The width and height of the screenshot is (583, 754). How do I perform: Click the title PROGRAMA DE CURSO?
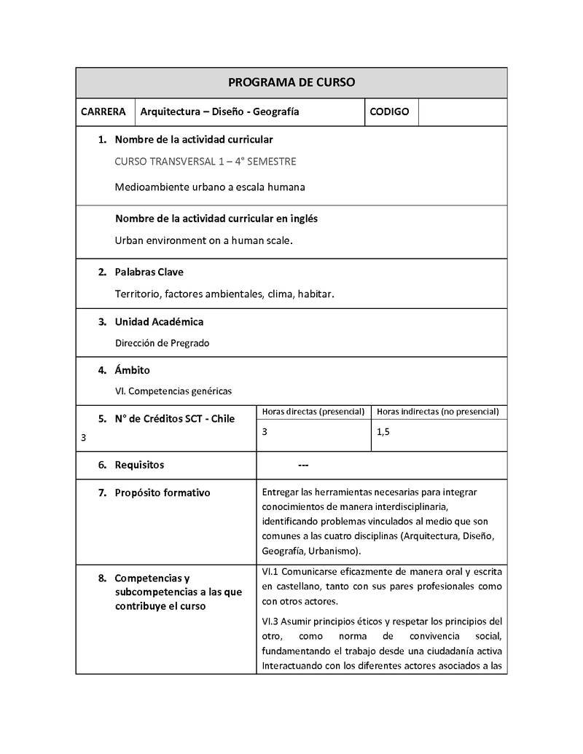tap(291, 82)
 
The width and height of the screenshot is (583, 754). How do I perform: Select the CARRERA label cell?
tap(103, 112)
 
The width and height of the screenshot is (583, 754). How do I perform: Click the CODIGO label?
tap(389, 112)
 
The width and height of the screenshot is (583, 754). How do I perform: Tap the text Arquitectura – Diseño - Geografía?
tap(219, 112)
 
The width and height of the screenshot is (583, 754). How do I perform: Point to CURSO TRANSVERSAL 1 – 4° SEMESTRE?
tap(206, 162)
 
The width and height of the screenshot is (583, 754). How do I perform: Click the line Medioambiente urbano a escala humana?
tap(210, 186)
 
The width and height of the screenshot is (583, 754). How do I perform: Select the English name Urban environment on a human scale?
tap(203, 240)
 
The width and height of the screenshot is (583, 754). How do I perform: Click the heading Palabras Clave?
tap(149, 272)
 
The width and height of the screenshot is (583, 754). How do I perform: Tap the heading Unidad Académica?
tap(159, 321)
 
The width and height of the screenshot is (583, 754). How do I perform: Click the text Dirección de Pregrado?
tap(162, 343)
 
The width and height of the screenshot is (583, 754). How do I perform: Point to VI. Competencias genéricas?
tap(173, 391)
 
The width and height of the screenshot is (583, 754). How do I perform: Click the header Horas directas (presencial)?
tap(313, 412)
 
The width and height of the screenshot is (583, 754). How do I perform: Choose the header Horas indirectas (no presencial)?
tap(438, 412)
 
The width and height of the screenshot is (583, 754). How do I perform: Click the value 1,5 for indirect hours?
tap(383, 432)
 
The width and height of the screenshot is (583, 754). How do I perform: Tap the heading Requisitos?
tap(139, 465)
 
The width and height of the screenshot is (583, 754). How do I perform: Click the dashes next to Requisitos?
tap(303, 466)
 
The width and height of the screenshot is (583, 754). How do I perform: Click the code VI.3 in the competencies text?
tap(270, 621)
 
